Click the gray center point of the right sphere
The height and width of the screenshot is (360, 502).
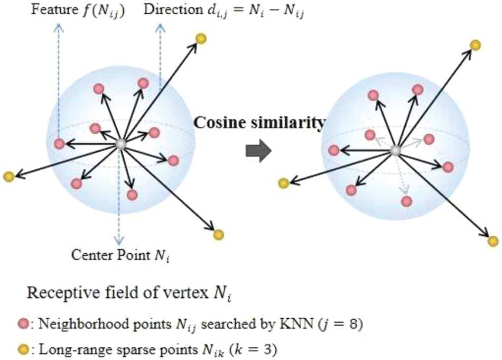coord(395,151)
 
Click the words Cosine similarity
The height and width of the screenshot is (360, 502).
coord(258,123)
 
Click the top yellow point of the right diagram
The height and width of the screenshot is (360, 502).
coord(475,45)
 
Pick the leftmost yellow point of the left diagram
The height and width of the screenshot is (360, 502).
coord(7,176)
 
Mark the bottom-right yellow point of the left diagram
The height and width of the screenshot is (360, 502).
coord(219,234)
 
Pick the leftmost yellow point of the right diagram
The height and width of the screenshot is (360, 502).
coord(283,183)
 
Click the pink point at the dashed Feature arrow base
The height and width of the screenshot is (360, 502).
coord(59,143)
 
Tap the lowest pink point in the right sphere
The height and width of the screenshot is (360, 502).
coord(406,201)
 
